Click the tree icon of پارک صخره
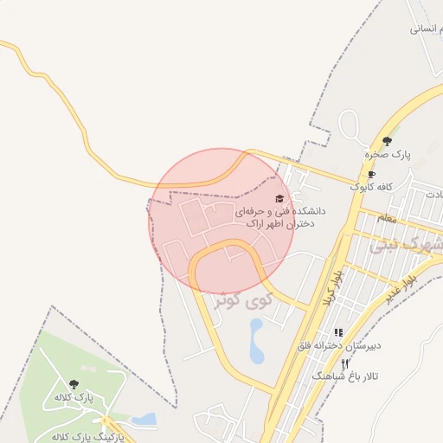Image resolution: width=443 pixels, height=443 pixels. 387,141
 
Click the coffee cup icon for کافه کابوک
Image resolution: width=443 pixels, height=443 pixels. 371,174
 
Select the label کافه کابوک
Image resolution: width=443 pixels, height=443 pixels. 372,186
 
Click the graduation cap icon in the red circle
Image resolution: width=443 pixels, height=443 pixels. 279,198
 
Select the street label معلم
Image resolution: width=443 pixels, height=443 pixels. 388,219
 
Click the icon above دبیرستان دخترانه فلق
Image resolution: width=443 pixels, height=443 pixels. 338,332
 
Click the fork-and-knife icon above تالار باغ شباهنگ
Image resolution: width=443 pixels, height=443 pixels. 345,364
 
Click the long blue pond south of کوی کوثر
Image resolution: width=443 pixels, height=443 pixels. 256,341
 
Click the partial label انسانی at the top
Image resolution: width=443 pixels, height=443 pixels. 427,28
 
